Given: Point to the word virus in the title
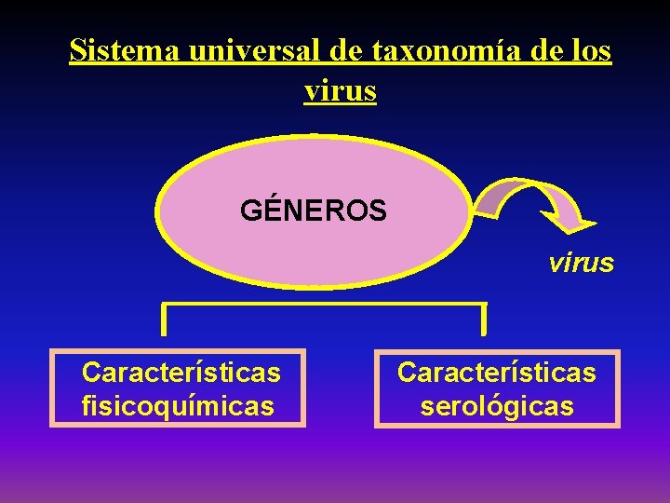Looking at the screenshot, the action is tap(340, 90).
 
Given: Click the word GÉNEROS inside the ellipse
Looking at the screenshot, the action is tap(314, 211).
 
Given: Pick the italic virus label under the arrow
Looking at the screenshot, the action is tap(581, 263).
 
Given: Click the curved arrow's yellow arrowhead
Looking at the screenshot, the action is tap(572, 222).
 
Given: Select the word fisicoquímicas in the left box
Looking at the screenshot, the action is tap(178, 407).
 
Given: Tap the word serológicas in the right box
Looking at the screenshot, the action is tap(497, 407).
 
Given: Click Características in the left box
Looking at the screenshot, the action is tap(181, 373).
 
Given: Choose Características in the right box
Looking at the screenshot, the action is tap(497, 373).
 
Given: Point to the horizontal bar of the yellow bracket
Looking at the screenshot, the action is tap(324, 304).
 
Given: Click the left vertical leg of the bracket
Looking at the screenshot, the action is tap(164, 319).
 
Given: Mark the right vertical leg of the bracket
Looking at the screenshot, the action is tap(484, 319).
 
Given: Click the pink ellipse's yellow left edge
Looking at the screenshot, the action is tap(158, 212).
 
